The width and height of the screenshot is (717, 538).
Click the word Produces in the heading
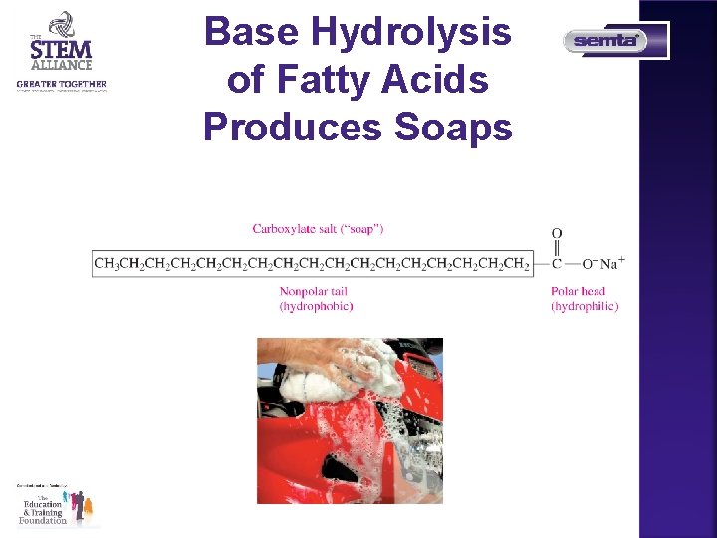click(294, 127)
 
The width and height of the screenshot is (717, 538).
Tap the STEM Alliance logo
click(61, 44)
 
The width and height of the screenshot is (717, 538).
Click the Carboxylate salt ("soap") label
click(318, 229)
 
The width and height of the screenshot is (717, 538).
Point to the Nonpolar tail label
click(313, 291)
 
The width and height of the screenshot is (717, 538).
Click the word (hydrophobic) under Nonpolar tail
click(316, 306)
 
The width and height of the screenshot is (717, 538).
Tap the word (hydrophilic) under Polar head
click(585, 306)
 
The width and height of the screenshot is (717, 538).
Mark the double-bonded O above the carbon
click(557, 234)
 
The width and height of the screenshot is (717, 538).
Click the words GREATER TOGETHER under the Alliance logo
click(61, 84)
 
